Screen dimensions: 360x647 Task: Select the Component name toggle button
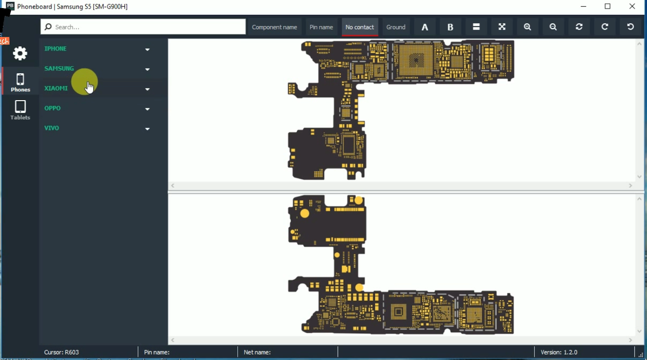click(x=274, y=27)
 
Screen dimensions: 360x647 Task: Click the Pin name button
click(x=321, y=27)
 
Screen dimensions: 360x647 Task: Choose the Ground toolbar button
click(x=395, y=27)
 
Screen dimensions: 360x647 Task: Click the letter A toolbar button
click(x=425, y=27)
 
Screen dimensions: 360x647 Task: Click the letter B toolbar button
click(x=450, y=27)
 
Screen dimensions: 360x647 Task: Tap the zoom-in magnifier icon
click(x=527, y=27)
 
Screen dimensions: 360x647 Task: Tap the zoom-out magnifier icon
click(x=553, y=27)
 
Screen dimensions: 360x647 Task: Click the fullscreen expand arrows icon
click(x=502, y=27)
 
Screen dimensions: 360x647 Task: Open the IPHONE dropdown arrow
click(x=148, y=49)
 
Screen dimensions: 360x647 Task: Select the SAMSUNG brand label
click(x=59, y=68)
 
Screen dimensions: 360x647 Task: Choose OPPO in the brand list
click(x=53, y=108)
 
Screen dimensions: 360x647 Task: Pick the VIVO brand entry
click(x=52, y=128)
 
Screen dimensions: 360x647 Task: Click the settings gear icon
click(x=20, y=53)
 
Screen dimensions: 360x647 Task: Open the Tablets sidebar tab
click(x=20, y=110)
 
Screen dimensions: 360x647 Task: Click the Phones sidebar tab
click(x=20, y=83)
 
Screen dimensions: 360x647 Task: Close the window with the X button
click(x=632, y=6)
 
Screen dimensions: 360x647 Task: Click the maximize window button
click(x=607, y=6)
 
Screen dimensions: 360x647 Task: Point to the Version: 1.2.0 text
click(x=559, y=352)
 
